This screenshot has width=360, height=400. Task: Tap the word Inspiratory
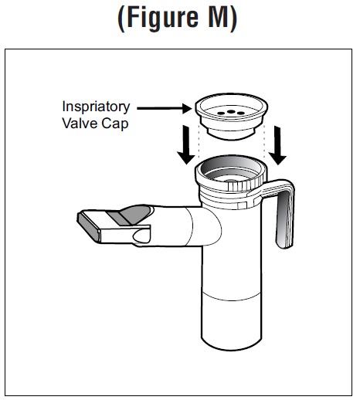tap(96, 107)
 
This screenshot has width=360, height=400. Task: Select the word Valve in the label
tap(80, 123)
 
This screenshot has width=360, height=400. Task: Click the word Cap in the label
tap(115, 124)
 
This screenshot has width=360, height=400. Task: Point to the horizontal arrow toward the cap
tap(165, 108)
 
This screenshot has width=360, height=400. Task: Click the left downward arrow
tap(186, 144)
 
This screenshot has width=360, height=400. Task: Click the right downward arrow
tap(277, 145)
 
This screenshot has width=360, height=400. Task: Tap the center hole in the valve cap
tap(231, 112)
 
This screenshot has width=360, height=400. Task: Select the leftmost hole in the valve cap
tap(221, 113)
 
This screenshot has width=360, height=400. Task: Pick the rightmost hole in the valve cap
tap(241, 113)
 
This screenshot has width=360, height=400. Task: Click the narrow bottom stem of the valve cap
tap(231, 134)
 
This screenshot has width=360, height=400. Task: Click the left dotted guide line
tap(199, 141)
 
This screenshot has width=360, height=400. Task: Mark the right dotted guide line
tap(264, 141)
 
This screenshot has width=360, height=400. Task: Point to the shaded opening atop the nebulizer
tap(231, 168)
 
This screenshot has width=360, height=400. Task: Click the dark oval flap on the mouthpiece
tap(136, 214)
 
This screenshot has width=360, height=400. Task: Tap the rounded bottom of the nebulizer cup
tap(231, 344)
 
